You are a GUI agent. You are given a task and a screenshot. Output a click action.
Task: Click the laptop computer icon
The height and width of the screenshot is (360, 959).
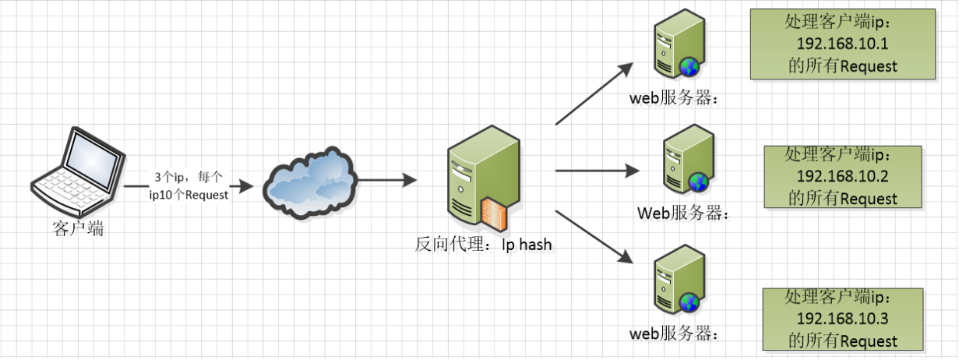(77, 172)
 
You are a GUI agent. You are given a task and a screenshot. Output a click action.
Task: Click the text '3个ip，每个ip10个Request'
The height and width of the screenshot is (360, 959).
(189, 186)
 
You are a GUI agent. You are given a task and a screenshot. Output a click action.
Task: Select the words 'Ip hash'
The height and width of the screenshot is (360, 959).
(526, 245)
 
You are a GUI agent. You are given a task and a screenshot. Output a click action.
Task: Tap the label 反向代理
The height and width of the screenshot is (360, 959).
(450, 245)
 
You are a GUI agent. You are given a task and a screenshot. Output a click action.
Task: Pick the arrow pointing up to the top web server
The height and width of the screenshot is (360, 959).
(593, 95)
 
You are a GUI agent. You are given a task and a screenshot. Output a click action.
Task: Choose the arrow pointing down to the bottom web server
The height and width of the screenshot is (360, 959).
(593, 234)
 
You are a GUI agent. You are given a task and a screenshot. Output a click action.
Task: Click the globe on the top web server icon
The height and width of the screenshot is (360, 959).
(688, 68)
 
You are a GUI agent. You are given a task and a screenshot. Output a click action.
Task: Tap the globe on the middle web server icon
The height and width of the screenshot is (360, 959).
(698, 182)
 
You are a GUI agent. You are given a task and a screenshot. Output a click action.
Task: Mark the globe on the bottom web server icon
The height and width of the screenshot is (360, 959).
(688, 302)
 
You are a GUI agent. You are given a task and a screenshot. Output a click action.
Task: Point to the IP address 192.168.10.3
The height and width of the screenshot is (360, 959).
(843, 319)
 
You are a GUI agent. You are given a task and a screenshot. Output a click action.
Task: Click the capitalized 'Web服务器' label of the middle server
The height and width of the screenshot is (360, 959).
(684, 212)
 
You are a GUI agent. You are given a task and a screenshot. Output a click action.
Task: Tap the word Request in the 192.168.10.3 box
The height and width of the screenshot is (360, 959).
(869, 341)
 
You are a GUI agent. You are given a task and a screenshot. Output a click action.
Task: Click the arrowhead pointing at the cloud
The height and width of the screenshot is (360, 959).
(245, 186)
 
